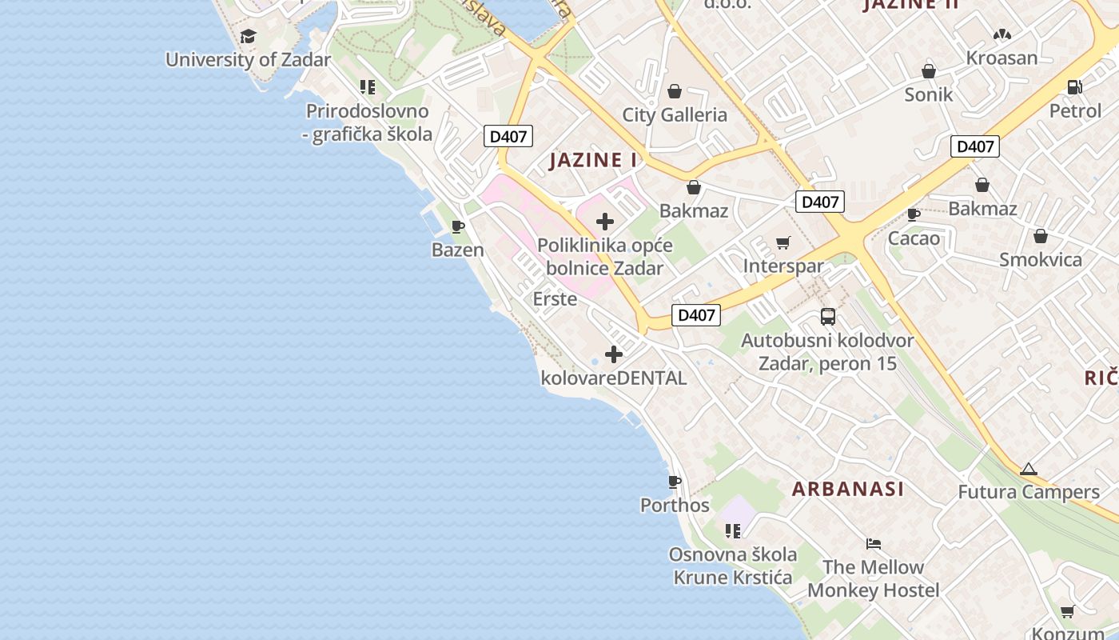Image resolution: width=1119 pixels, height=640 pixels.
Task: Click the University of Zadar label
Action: tap(248, 60)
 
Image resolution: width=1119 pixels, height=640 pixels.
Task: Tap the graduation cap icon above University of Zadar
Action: tap(248, 37)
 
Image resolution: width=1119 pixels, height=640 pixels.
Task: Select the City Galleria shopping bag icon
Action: tap(675, 91)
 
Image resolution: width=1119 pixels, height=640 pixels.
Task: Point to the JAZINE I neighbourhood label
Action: tap(593, 160)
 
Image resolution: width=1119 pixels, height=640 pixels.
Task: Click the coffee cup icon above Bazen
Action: tap(458, 227)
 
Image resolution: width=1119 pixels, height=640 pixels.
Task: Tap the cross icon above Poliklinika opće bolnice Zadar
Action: tap(605, 222)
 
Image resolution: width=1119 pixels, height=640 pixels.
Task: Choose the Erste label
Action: tap(555, 299)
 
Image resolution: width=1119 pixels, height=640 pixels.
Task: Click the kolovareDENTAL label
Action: tap(614, 378)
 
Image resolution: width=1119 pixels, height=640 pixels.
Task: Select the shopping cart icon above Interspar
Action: tap(783, 242)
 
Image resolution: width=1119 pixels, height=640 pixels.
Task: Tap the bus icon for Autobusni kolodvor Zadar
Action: tap(828, 317)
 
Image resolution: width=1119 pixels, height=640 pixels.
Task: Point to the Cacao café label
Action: tap(914, 238)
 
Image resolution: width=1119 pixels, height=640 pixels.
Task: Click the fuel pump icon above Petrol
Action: tap(1075, 87)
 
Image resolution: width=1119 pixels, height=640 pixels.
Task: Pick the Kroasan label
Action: tap(1002, 58)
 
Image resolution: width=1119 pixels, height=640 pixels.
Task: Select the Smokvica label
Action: tap(1041, 260)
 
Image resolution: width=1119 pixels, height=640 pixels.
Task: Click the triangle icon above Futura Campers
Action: tap(1029, 469)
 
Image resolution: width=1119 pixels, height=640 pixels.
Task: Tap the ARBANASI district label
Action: tap(848, 489)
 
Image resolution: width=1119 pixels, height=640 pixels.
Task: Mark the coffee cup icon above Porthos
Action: tap(675, 482)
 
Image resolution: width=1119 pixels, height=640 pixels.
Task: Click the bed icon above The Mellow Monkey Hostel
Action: tap(874, 544)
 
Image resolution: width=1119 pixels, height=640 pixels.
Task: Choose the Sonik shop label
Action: tap(929, 94)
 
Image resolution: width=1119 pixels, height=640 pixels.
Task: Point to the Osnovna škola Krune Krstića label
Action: tap(733, 566)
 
